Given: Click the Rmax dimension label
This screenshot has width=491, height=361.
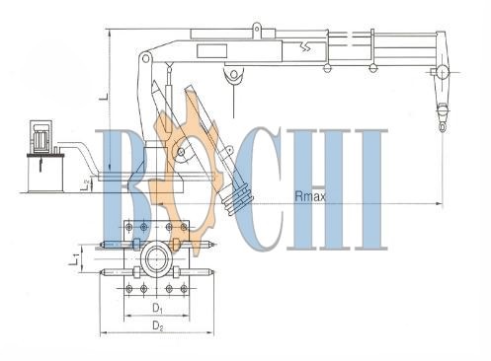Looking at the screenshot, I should (310, 196).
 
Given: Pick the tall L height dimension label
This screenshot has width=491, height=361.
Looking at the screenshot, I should (103, 96).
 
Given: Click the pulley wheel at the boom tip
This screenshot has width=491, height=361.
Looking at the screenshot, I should (442, 73).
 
